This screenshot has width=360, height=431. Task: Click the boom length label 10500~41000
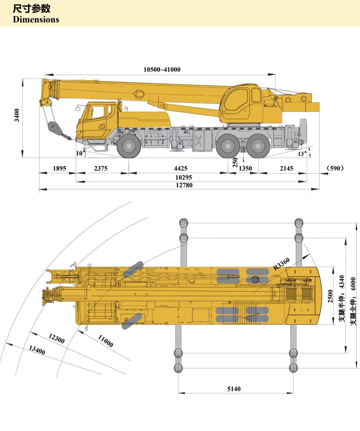tap(162, 70)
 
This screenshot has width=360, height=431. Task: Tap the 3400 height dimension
tap(17, 115)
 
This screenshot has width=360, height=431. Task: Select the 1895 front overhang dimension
tap(59, 168)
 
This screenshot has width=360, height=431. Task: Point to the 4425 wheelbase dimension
tap(181, 168)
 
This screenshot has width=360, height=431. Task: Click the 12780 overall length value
tap(184, 185)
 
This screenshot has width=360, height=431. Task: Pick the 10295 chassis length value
tap(184, 177)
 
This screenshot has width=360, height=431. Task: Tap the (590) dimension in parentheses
tap(335, 168)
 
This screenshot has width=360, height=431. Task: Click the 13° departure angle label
tap(302, 154)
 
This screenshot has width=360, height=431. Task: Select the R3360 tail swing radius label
tap(281, 264)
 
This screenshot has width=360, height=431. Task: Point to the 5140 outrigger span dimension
tap(234, 389)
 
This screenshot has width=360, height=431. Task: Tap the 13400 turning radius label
tap(37, 350)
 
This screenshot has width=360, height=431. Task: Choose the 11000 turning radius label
tap(105, 341)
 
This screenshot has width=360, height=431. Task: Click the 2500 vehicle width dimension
tap(330, 296)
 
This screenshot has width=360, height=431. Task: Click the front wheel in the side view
tap(129, 146)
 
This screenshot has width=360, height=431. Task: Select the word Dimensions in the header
tap(36, 20)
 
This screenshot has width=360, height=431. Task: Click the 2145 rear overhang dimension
tap(287, 168)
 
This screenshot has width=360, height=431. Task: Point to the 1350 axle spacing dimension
tap(245, 168)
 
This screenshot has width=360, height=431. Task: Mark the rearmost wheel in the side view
tap(258, 146)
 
